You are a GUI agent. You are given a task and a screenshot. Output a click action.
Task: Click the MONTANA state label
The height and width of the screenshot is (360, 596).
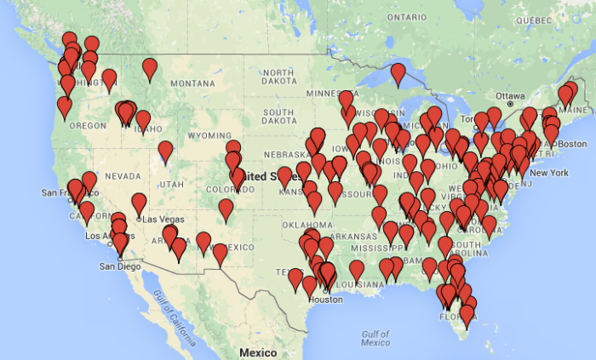[x=193, y=83]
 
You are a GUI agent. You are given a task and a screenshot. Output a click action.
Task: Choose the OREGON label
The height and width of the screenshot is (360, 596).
[x=88, y=125]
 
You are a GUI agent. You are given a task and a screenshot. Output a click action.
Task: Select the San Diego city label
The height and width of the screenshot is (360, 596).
[x=118, y=265]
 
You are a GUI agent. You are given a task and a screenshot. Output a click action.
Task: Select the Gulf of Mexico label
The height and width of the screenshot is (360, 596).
[x=375, y=338]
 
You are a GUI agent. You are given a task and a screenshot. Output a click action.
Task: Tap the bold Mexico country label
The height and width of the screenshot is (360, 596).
[x=257, y=352]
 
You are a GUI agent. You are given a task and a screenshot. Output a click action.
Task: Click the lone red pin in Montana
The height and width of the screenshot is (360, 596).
[x=150, y=68]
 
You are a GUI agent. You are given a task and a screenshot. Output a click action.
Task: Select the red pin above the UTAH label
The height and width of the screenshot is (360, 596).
[x=165, y=151]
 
